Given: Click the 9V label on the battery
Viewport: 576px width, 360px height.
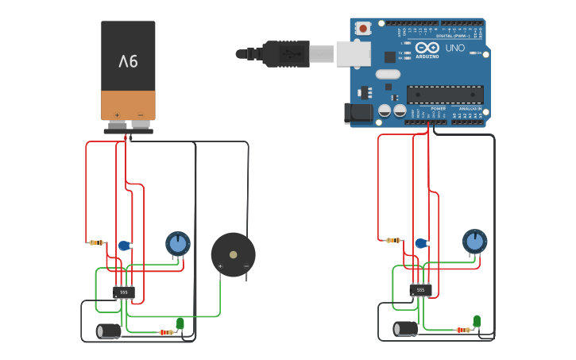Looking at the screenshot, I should (x=128, y=61).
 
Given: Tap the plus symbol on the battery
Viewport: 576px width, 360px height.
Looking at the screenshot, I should (x=117, y=114).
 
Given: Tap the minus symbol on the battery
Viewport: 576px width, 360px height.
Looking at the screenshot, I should (x=140, y=114).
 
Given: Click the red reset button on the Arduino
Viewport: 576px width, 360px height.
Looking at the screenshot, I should (x=363, y=28).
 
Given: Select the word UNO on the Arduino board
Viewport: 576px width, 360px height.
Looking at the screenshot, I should (x=454, y=48).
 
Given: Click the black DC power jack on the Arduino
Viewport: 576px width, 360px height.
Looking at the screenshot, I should (x=359, y=113).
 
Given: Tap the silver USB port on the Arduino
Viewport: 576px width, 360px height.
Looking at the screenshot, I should (x=353, y=54).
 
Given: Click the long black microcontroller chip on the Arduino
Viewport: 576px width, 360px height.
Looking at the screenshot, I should (x=445, y=95).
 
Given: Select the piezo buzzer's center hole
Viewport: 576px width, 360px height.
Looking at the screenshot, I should (x=233, y=255).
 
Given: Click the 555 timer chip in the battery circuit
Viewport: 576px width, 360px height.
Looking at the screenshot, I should (x=123, y=292).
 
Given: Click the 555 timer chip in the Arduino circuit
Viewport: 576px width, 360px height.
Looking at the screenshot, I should (x=420, y=290).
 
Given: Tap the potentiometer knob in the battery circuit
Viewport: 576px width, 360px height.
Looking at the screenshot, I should (x=178, y=242).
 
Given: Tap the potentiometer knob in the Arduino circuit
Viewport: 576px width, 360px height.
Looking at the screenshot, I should (x=474, y=241).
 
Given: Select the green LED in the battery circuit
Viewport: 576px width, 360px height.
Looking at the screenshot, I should (x=180, y=323).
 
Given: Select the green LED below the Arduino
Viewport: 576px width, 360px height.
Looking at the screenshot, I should (x=477, y=320).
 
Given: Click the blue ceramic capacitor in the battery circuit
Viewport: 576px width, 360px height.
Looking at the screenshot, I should (x=124, y=246).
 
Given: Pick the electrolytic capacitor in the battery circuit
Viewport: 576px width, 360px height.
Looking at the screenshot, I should (x=109, y=331).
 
